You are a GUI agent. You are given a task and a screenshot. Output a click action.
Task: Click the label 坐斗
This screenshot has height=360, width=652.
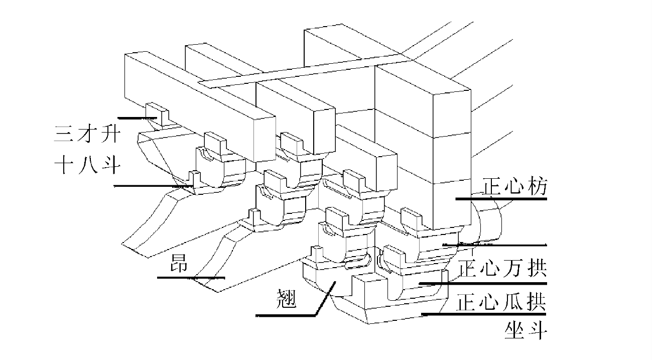525,331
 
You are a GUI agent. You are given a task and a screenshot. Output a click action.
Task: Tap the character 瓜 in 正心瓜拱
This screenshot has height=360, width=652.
513,303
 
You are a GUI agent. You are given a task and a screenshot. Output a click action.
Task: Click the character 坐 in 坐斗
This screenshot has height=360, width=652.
512,331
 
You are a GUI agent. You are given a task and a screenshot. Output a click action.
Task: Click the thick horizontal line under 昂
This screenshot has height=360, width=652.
190,277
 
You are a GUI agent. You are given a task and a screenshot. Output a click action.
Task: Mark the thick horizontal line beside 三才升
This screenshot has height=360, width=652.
138,117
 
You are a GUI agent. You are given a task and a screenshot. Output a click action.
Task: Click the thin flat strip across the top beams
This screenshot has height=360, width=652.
301,73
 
